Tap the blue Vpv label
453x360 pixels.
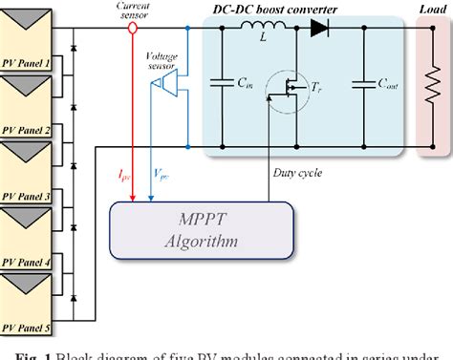(162, 175)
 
